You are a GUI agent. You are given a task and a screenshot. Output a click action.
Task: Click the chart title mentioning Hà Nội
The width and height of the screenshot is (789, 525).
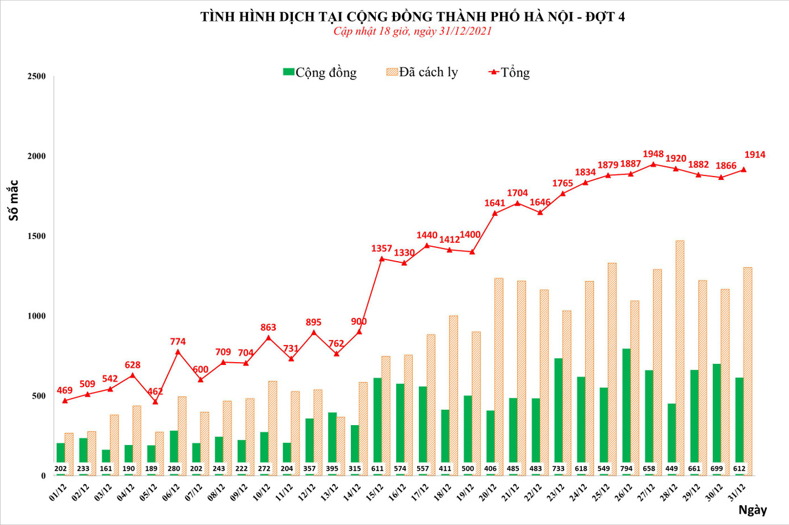click(412, 16)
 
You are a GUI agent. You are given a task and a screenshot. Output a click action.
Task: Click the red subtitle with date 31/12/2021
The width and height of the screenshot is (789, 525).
click(412, 31)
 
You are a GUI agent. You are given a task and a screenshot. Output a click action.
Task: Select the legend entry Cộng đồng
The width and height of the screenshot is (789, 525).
click(320, 73)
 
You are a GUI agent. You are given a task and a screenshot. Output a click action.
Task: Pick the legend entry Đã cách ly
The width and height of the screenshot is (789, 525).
click(422, 73)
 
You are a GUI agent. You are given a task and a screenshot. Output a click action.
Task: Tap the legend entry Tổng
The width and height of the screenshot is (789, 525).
click(509, 73)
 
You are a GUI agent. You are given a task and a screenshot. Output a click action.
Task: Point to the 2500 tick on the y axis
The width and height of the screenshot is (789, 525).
click(36, 77)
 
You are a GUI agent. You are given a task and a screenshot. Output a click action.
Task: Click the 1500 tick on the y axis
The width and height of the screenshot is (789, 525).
click(36, 236)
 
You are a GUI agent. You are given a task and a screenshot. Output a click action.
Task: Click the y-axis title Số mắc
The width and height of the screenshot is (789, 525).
click(14, 200)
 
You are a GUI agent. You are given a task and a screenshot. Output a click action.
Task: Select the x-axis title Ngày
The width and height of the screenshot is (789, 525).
click(752, 510)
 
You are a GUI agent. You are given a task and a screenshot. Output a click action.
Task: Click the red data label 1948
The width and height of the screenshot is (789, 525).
click(653, 154)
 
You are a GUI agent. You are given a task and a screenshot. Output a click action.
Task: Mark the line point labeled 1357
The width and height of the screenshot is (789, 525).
click(381, 259)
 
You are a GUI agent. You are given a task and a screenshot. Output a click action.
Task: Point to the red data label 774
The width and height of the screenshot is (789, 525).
click(178, 342)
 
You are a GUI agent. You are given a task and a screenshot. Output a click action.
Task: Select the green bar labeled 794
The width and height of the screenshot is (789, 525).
click(626, 409)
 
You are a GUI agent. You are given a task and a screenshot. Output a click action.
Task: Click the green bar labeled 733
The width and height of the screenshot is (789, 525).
click(559, 414)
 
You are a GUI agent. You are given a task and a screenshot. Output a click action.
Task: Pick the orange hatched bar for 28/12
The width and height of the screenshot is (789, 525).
click(680, 358)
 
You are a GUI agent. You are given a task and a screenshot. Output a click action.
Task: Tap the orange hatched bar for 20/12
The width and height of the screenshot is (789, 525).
click(499, 375)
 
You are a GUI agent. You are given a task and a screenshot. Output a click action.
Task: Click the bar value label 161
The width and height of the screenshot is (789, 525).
click(106, 469)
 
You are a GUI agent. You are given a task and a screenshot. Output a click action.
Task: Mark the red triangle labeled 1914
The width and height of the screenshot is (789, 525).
click(744, 170)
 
